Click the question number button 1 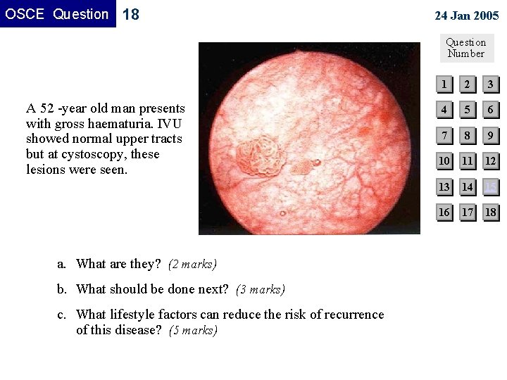coord(444,85)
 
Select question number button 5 coord(468,110)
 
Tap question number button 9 coord(491,136)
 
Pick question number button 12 coord(491,161)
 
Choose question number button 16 coord(444,212)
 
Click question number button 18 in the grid coord(491,212)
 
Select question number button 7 coord(444,136)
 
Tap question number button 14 coord(468,186)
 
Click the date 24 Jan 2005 coord(466,15)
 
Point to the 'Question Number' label coord(466,48)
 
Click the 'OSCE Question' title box coord(58,14)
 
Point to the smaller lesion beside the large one coord(301,167)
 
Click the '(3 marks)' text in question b coord(261,289)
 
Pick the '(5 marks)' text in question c coord(194,330)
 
